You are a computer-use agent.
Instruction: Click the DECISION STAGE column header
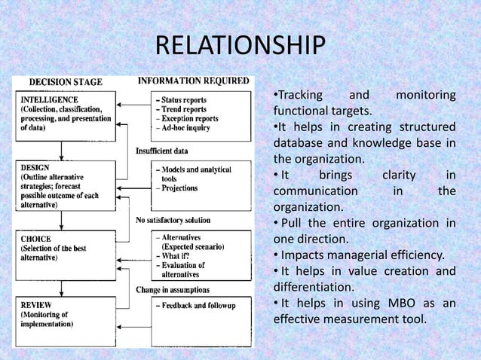tap(66, 81)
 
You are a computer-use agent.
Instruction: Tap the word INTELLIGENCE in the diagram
tap(50, 99)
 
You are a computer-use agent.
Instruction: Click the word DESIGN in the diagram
tap(35, 166)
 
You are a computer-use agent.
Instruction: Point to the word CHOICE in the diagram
tap(36, 239)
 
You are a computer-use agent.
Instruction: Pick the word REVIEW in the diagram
tap(37, 305)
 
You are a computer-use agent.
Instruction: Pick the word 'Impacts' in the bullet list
tap(305, 254)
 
